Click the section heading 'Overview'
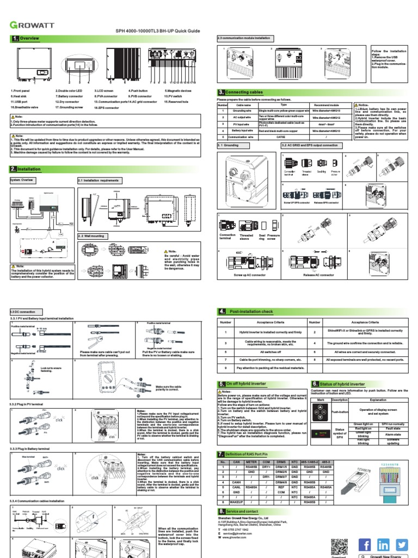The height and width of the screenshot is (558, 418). point(30,39)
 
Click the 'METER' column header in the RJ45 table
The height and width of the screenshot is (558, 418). point(251,462)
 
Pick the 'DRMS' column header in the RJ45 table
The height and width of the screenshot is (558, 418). point(281,462)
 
